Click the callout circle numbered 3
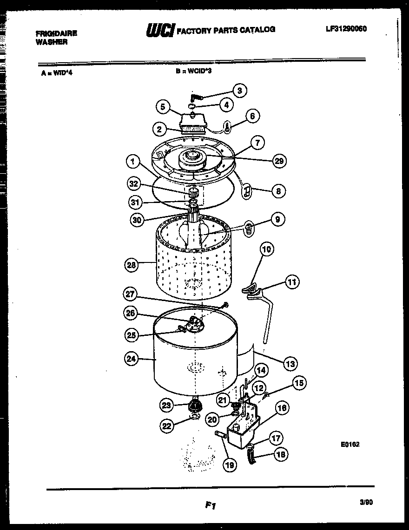pos(239,91)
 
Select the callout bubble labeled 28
pos(132,265)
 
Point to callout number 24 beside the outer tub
pos(132,358)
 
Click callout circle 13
pos(290,364)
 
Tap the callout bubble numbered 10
pos(267,249)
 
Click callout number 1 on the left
pos(133,162)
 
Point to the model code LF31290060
pos(346,29)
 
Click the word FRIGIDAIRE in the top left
pos(56,33)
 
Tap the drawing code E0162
pos(350,445)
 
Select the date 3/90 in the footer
pos(366,502)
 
